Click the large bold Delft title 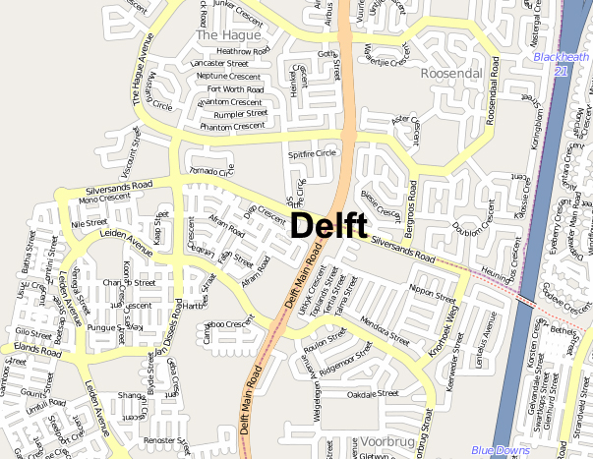[x=329, y=225]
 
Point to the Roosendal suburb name [x=449, y=74]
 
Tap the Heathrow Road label [x=243, y=51]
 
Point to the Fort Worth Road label [x=232, y=89]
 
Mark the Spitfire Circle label [x=311, y=154]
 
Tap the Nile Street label [x=89, y=224]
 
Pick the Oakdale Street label [x=372, y=393]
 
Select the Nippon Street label [x=432, y=293]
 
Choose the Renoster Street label [x=164, y=440]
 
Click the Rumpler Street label [x=240, y=114]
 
